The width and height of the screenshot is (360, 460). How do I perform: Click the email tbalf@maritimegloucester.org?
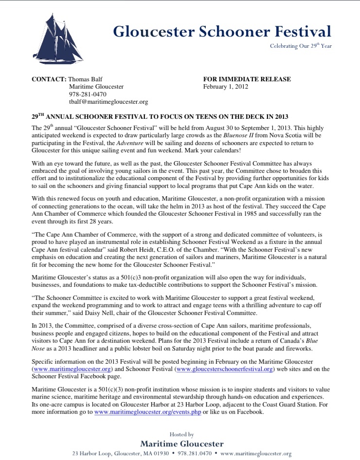coord(108,102)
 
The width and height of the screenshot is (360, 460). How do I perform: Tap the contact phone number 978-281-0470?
coord(88,94)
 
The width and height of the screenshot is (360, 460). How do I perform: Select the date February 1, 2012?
coord(226,87)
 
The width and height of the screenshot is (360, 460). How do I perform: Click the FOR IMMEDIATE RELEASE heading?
coord(247,79)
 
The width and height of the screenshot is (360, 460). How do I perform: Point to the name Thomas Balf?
coord(85,79)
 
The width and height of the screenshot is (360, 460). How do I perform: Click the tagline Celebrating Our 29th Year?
coord(301,46)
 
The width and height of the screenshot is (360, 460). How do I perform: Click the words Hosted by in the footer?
coord(181,434)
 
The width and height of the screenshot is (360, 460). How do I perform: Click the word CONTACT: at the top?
coord(49,79)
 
